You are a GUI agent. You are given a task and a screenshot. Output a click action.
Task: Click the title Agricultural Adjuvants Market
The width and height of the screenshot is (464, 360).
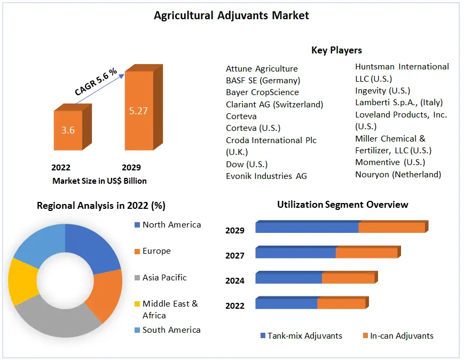[x=231, y=15]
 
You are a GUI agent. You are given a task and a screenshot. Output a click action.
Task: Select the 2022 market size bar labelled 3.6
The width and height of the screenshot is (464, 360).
[x=68, y=130]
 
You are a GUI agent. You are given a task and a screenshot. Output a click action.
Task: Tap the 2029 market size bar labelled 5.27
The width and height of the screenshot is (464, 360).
[x=138, y=111]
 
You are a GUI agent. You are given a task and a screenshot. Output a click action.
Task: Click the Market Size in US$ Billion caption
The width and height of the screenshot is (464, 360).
[x=99, y=181]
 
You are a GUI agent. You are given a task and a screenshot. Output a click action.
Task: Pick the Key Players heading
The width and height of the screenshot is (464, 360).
[x=336, y=50]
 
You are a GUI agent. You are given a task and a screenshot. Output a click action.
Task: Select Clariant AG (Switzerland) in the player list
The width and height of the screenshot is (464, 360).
[x=274, y=104]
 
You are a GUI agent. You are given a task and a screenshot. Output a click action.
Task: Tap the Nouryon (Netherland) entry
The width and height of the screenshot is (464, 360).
[x=398, y=174]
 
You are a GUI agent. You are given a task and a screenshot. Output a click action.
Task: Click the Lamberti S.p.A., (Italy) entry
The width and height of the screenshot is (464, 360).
[x=399, y=102]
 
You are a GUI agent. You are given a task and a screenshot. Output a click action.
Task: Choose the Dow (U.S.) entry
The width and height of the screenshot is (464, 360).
[x=247, y=164]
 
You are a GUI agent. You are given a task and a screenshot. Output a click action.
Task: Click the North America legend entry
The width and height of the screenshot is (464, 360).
[x=171, y=224]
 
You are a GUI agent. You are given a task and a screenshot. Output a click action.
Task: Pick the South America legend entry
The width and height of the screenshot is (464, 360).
[x=171, y=330]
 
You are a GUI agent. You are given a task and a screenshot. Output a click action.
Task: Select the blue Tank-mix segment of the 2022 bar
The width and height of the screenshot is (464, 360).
[x=286, y=303]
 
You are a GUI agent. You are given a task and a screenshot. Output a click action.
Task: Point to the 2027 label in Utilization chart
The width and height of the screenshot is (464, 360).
[x=235, y=255]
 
